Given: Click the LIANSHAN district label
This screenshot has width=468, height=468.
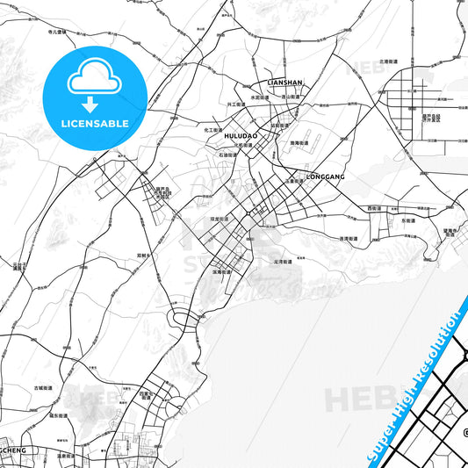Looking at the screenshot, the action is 284,83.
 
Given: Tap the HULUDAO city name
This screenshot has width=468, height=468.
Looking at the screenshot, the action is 239,137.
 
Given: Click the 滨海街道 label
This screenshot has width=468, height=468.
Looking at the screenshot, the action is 221,272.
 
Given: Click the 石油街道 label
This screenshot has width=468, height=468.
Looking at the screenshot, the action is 229,155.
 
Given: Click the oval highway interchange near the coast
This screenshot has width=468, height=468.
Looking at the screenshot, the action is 182,318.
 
